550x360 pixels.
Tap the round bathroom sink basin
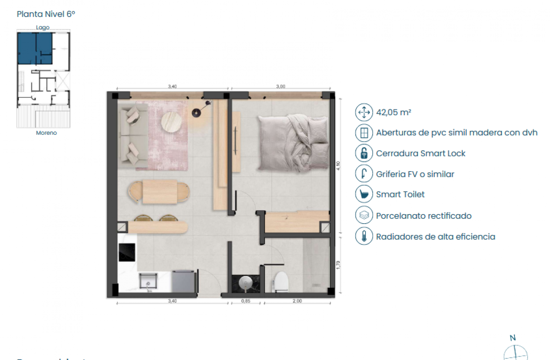coord(246,283)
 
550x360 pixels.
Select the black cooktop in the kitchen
coord(127,252)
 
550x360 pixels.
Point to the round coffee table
coord(171,122)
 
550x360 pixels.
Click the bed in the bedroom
coord(293,143)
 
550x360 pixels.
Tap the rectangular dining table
coord(159,192)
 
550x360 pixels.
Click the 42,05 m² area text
coord(394,113)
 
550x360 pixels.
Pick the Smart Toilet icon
coord(364,194)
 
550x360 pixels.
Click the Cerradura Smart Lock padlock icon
coord(364,153)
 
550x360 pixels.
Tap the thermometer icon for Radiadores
coord(364,236)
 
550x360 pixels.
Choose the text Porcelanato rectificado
coord(423,216)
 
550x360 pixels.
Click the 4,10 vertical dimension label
coord(338,166)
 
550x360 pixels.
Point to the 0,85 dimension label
coord(245,301)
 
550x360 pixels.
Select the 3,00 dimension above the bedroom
coord(281,86)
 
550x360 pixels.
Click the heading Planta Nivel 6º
coord(46,14)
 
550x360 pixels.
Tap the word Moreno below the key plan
coord(46,133)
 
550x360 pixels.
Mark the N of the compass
coord(512,338)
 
